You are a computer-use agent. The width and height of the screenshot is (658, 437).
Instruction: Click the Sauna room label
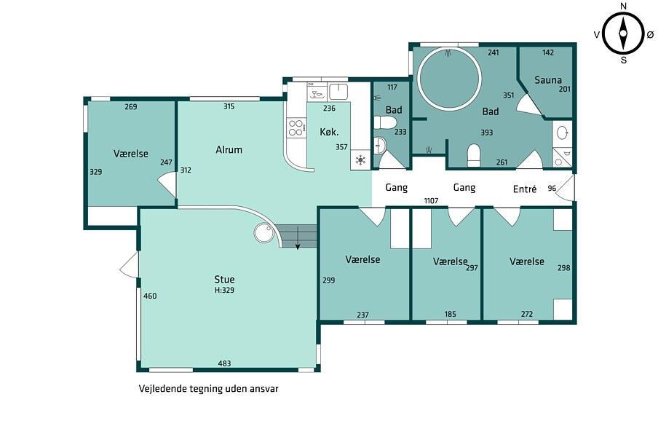coord(547,80)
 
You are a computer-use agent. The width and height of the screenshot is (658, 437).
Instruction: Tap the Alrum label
coord(229,149)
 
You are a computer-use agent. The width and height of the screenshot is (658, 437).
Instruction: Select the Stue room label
coord(224,279)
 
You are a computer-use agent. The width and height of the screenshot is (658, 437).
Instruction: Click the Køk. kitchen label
coord(329,132)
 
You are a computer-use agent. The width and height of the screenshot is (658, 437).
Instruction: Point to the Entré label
coord(525,189)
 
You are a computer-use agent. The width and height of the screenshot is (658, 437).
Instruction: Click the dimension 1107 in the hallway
coord(431,201)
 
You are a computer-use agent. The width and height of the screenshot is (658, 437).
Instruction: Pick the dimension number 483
coord(224,363)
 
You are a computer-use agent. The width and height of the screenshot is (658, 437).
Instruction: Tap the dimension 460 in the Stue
coord(150,296)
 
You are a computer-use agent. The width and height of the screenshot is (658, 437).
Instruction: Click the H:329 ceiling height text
coord(224,290)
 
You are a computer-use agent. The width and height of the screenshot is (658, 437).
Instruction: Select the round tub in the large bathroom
coord(449,79)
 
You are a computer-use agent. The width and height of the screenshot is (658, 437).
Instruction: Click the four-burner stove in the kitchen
coord(296,128)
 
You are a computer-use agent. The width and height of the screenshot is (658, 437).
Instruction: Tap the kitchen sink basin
coord(338,92)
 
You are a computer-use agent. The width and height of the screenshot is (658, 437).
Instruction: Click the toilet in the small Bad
coord(385,122)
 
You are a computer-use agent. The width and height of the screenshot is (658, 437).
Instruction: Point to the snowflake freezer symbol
coord(360,160)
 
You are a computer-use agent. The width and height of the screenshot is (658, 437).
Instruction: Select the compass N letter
coord(623,6)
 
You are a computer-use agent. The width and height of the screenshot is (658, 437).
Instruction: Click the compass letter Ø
coord(650,35)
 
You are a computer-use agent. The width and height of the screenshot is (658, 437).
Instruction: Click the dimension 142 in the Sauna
coord(548,52)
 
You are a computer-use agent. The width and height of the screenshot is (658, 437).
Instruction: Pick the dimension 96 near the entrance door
coord(552,188)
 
